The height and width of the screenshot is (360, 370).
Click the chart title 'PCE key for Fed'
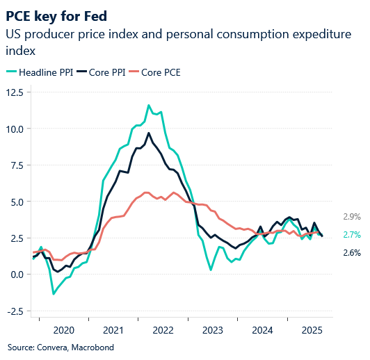57,15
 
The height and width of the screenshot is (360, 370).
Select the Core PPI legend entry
101,72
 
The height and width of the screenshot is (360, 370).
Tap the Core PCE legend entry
156,72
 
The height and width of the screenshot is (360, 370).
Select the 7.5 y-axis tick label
16,165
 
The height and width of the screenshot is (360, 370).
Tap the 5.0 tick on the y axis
16,202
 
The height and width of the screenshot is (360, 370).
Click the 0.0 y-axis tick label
16,274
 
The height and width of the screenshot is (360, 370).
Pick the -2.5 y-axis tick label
15,311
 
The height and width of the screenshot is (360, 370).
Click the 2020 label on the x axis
63,330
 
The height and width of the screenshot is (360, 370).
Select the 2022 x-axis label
163,330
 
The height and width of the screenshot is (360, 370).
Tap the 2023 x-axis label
213,330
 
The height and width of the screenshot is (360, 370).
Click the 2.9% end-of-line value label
351,216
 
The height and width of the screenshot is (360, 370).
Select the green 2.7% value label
351,235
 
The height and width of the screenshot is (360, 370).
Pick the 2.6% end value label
351,253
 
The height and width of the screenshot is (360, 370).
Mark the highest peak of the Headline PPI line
149,105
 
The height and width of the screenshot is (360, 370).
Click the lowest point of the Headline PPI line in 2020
54,294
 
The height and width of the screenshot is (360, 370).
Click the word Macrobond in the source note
92,347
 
